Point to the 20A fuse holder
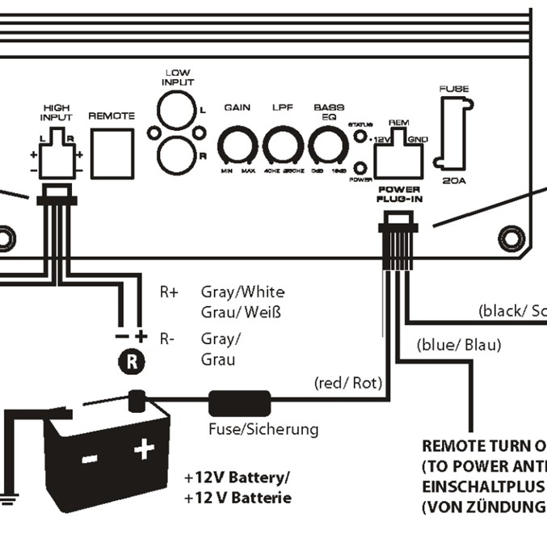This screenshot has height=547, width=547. pos(455,133)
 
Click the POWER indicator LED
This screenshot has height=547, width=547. pos(360,168)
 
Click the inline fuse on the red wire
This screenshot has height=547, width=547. pos(239,402)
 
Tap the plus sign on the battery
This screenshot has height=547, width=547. pos(145,449)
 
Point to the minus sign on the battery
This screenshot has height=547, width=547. pos(90,458)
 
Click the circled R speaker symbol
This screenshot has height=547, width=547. pos(131,362)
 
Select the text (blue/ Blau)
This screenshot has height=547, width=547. pos(459,345)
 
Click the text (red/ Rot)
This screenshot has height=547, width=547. pos(347,382)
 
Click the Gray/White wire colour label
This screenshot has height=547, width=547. pos(242,292)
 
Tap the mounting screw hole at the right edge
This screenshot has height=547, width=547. pos(511,238)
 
